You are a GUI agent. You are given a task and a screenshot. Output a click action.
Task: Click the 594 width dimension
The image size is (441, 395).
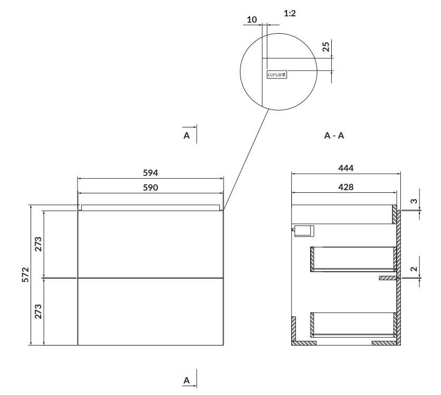coord(150,173)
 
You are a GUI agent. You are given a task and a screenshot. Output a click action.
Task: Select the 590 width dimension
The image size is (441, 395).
coord(150,187)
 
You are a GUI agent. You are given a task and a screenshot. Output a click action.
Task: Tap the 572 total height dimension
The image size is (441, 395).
coord(25,274)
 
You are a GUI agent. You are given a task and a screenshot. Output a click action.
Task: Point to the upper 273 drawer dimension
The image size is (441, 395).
coord(38,244)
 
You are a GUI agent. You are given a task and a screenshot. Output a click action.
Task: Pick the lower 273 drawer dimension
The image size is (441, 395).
coord(38,311)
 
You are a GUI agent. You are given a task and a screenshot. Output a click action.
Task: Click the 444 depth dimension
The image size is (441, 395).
coord(346,168)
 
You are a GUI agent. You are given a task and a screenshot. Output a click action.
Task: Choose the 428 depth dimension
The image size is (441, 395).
coord(346,187)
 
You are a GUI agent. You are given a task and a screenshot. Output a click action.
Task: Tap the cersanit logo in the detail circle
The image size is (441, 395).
coord(277,75)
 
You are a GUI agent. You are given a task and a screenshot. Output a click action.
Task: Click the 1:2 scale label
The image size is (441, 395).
coord(290,13)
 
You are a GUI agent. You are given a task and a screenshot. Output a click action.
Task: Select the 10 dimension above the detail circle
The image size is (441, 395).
coord(252,19)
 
